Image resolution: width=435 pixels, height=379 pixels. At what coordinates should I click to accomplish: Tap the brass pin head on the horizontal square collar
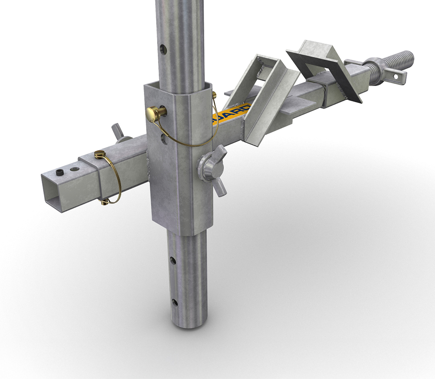(x=100, y=154)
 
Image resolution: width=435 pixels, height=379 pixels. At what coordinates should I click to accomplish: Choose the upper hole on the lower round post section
(x=173, y=261)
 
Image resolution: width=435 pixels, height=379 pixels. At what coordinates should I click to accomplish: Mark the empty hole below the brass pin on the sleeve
(x=163, y=139)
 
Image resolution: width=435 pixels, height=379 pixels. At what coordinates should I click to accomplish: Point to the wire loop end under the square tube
(x=104, y=201)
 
